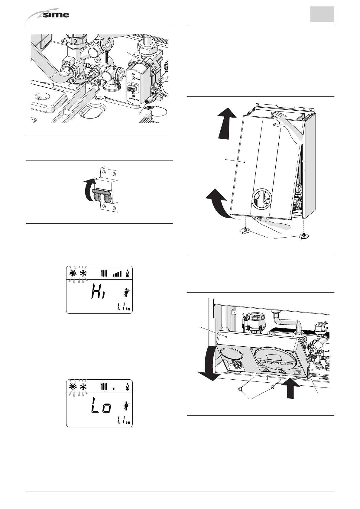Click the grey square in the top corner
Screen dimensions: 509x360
point(322,14)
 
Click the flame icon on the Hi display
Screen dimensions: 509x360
point(128,274)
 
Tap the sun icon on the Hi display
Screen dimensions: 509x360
point(73,274)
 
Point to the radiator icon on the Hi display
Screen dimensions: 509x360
point(104,274)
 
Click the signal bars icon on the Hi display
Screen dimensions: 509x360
point(117,274)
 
